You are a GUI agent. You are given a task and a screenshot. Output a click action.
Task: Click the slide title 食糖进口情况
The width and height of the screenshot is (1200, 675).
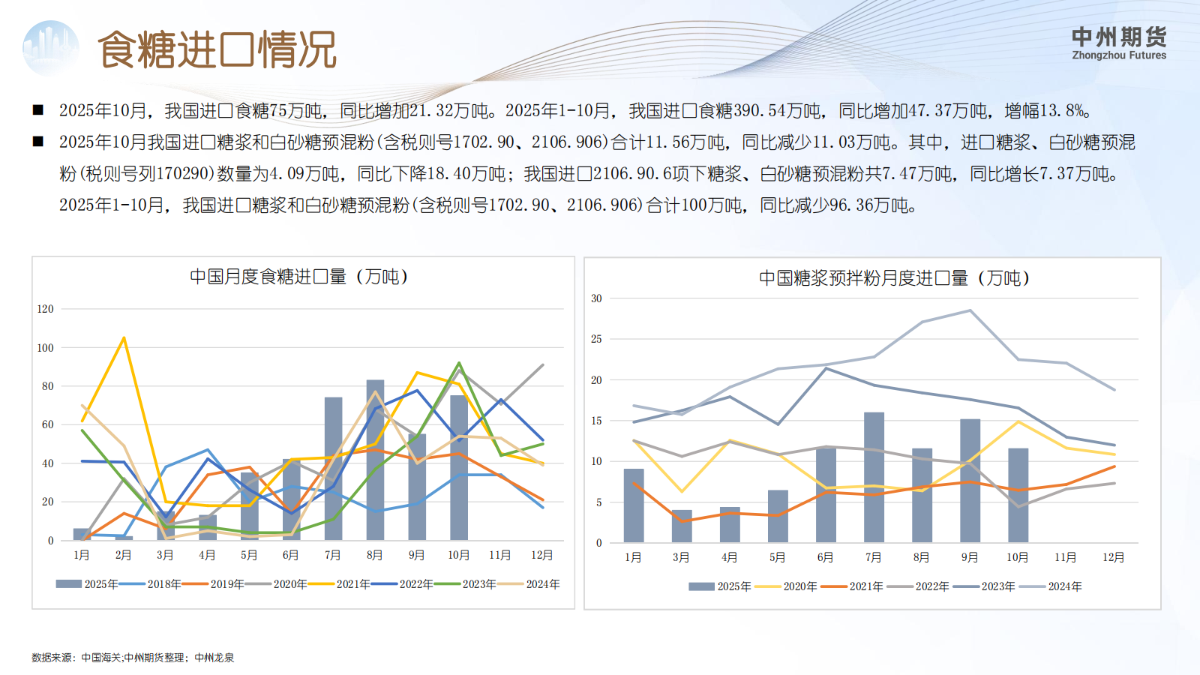[x=217, y=50]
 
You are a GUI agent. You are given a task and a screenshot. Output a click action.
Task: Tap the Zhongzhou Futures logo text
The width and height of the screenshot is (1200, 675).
[x=1119, y=43]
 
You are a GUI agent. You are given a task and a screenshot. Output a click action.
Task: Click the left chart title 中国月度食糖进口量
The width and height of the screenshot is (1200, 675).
[x=298, y=277]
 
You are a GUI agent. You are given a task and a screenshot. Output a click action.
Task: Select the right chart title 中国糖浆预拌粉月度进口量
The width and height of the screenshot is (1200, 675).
[x=894, y=278]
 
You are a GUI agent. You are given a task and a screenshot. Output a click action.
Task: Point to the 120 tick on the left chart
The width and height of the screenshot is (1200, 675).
[x=46, y=309]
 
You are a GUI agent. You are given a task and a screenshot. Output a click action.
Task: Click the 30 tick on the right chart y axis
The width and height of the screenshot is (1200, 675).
[x=596, y=298]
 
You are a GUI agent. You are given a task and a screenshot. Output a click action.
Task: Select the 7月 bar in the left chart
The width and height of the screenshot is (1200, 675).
[x=333, y=469]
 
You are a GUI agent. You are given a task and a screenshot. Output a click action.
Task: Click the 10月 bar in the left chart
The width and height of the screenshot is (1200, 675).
[x=458, y=467]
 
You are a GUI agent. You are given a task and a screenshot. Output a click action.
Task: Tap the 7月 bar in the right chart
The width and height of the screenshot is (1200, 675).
[x=874, y=477]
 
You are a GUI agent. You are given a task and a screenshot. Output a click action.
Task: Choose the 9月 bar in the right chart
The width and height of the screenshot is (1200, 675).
[x=970, y=480]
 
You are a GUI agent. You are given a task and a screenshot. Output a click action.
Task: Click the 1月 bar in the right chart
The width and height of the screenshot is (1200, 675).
[x=634, y=505]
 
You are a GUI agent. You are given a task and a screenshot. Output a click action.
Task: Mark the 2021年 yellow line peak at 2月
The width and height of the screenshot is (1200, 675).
[x=124, y=338]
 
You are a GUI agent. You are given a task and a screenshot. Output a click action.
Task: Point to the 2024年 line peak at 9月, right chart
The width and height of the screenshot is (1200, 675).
[x=970, y=310]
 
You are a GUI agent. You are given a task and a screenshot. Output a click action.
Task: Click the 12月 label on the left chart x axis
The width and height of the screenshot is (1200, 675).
[x=541, y=555]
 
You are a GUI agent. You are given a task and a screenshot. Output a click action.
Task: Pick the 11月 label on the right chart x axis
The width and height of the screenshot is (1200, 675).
[x=1065, y=557]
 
